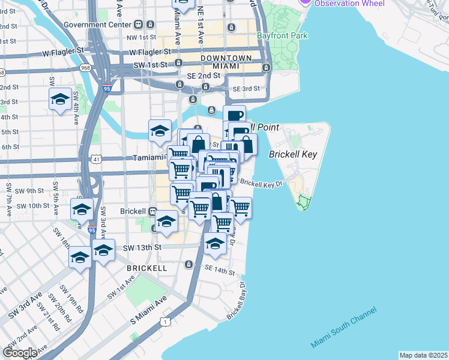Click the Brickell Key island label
tap(293, 154)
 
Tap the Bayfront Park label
tap(282, 35)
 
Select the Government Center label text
tap(97, 25)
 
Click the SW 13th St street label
tap(142, 247)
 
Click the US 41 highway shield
tap(97, 159)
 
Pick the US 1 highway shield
tap(164, 322)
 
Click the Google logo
tap(20, 352)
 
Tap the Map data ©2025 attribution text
tap(423, 355)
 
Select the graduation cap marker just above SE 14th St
tap(214, 244)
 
